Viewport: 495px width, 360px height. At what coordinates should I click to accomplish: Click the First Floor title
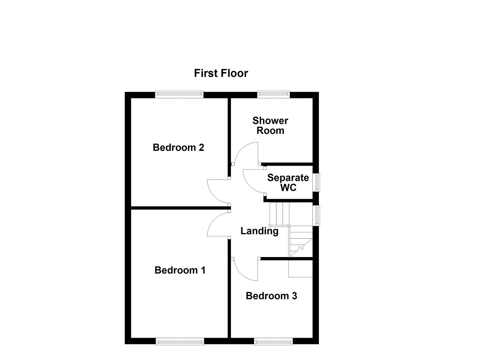point(221,73)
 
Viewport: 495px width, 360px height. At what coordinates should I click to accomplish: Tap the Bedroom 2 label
point(178,147)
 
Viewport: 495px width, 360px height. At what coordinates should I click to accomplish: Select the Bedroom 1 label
point(180,270)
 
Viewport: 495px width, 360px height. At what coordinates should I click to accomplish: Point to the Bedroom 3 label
point(271,296)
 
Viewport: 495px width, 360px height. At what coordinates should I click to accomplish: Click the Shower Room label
point(270,125)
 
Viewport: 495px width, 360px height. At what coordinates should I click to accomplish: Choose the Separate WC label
point(288,182)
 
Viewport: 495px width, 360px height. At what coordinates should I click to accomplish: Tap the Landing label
point(259,231)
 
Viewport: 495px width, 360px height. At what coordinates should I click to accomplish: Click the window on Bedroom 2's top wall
point(179,95)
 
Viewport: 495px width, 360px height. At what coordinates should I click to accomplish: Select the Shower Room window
point(273,95)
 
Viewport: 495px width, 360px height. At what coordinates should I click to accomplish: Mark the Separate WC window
point(316,182)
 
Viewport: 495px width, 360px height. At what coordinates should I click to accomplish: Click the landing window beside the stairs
point(316,215)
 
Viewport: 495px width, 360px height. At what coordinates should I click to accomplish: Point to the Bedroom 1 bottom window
point(180,341)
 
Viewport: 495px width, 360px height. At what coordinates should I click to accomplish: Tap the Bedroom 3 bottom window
point(273,341)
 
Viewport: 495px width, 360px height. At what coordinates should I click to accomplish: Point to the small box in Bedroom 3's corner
point(300,269)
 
